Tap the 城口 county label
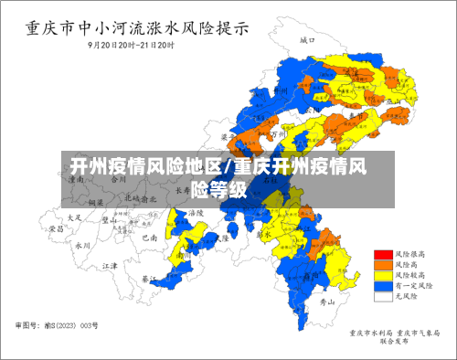click(x=307, y=41)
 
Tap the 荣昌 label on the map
click(x=57, y=229)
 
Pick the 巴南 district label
click(x=149, y=237)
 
